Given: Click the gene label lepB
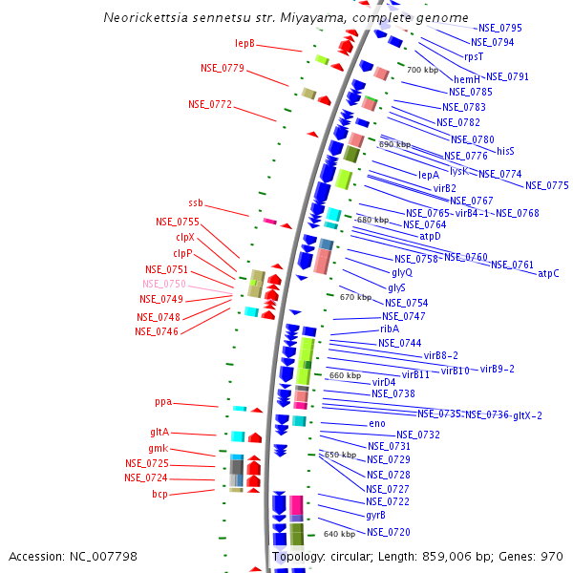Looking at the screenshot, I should (245, 43).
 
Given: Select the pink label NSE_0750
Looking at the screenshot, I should (164, 284).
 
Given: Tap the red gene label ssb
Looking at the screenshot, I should (195, 202).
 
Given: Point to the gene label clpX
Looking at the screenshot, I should (185, 237).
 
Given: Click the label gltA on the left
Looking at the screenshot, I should (159, 432).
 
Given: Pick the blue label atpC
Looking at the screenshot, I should (548, 274).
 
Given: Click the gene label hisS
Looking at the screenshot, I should (505, 151).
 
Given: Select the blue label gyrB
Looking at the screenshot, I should (375, 515).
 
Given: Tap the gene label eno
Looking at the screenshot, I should (377, 423).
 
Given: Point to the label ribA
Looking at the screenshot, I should (390, 329).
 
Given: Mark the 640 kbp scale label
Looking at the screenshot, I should (339, 534).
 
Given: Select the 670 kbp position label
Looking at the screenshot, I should (355, 297).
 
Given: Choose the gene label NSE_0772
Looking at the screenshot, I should (210, 104).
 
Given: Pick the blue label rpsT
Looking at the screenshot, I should (474, 55).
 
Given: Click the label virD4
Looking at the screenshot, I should (384, 382).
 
